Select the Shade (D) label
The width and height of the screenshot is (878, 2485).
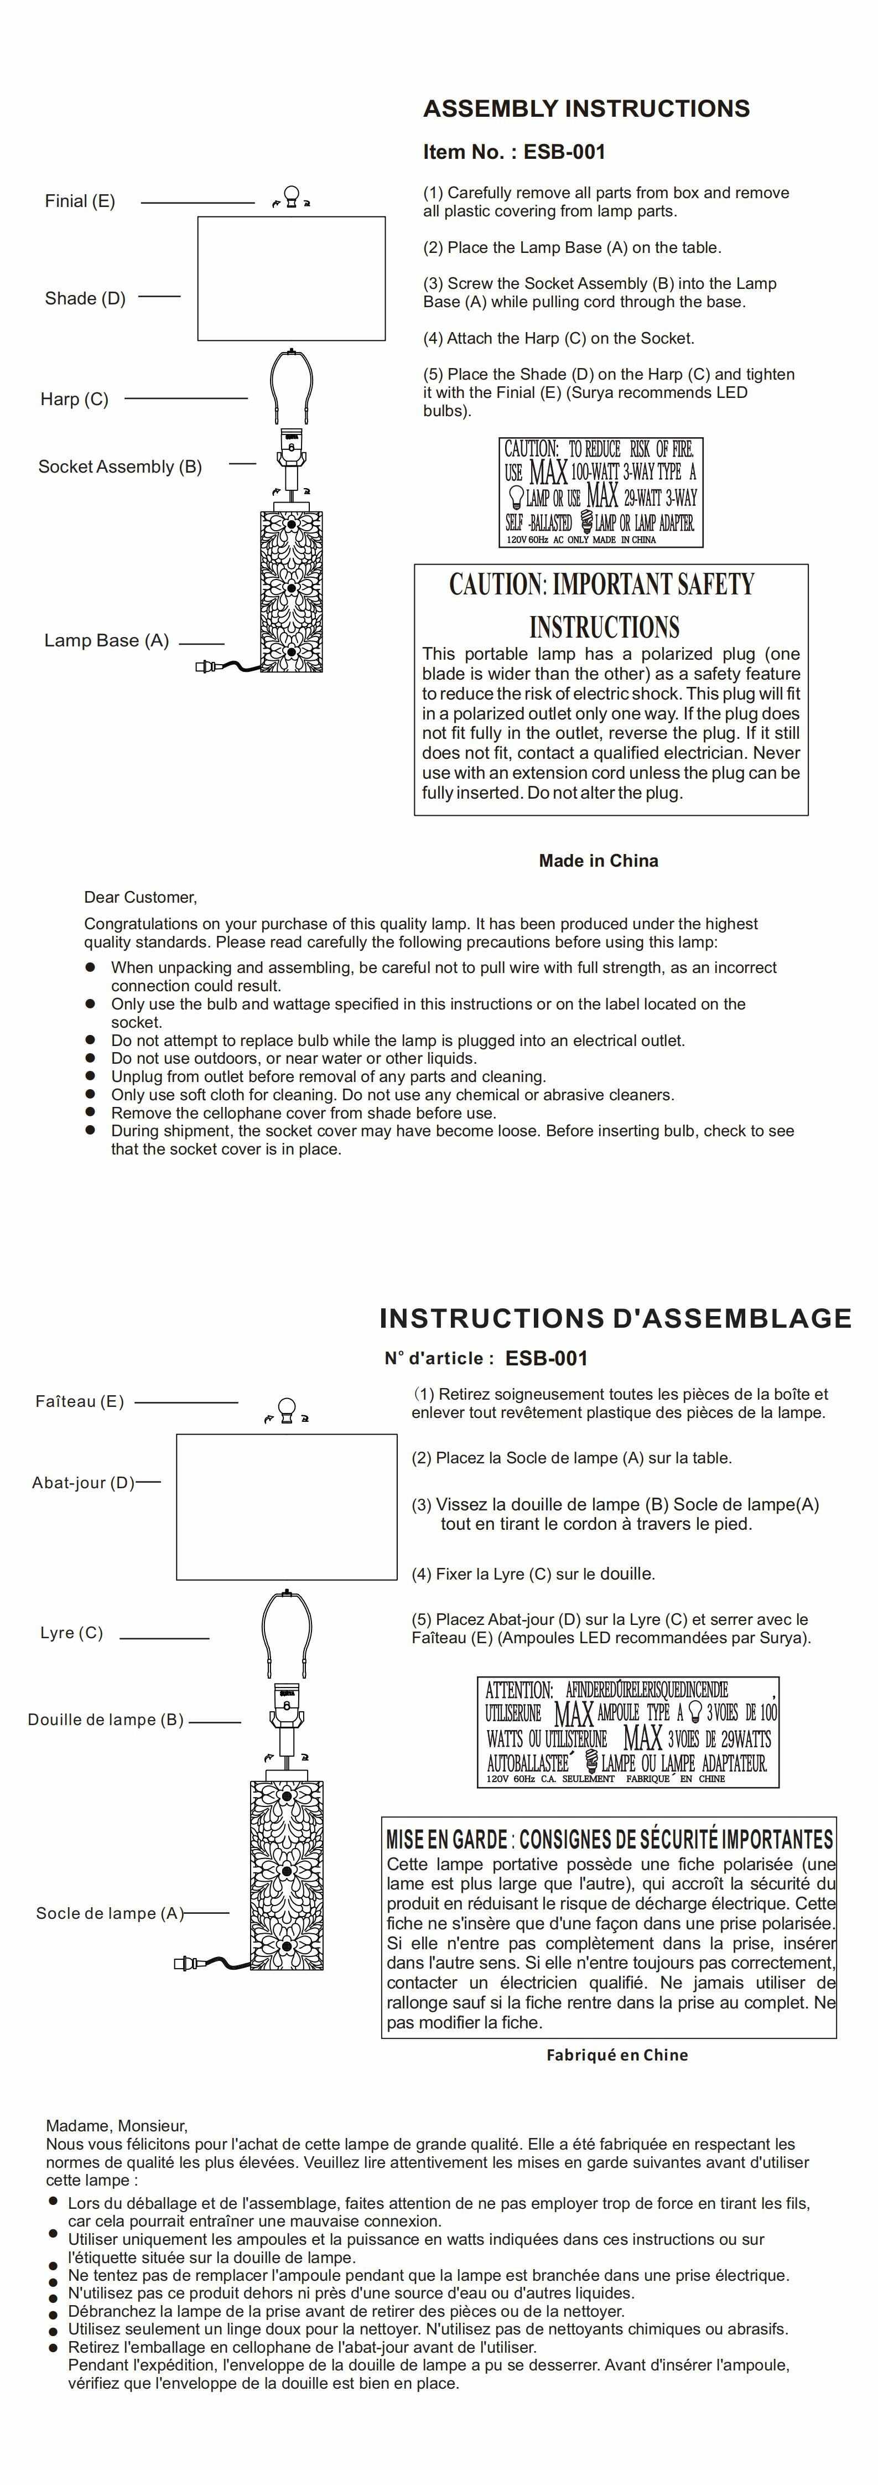click(x=85, y=299)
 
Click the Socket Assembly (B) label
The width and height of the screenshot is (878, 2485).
click(x=120, y=467)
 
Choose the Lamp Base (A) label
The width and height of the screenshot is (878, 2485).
click(x=106, y=640)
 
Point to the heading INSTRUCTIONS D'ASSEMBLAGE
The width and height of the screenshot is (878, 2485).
click(x=615, y=1319)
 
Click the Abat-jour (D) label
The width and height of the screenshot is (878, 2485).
click(x=83, y=1483)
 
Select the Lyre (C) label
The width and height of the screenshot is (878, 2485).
click(x=71, y=1632)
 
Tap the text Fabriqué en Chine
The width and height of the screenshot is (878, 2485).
click(x=616, y=2055)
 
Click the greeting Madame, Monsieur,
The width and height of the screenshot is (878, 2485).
click(x=117, y=2125)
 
